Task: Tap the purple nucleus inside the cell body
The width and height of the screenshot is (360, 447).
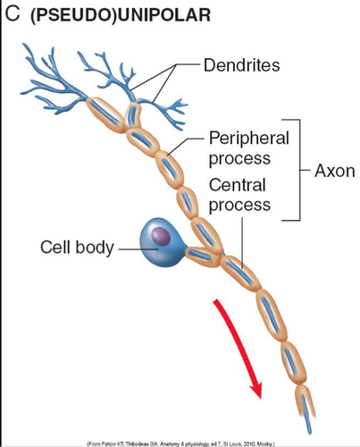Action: [159, 235]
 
